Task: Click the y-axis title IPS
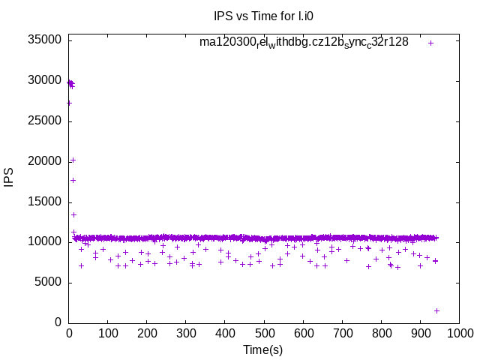(9, 178)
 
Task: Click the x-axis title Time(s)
(262, 350)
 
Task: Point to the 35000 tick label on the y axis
(43, 40)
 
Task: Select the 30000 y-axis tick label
(43, 80)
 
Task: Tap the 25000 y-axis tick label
(43, 121)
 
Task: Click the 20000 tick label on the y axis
(43, 161)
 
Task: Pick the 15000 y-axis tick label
(43, 202)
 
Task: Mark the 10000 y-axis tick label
(43, 242)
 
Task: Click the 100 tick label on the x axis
(108, 333)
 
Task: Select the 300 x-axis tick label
(186, 333)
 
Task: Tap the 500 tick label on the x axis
(264, 333)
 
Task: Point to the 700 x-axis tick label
(342, 333)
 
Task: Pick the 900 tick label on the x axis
(420, 333)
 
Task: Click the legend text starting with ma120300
(304, 43)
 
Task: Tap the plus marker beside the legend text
(430, 43)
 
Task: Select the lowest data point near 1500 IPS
(436, 310)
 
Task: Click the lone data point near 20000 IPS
(73, 160)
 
